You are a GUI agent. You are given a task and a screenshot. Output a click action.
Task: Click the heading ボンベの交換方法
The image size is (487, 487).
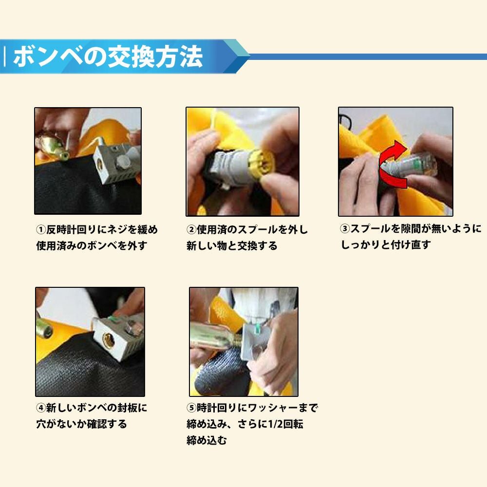[x=108, y=56]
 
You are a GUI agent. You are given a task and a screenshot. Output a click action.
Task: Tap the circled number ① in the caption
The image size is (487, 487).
[x=41, y=230]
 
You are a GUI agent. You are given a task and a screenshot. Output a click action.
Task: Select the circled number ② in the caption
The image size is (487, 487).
[x=191, y=230]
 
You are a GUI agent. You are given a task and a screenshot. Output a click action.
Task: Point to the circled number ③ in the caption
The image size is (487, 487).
[x=345, y=229]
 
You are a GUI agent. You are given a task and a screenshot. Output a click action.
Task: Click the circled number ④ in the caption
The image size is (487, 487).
[x=41, y=408]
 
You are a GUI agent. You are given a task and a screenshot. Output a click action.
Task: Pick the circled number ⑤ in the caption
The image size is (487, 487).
[x=191, y=408]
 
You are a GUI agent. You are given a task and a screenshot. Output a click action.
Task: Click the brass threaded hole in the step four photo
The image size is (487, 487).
[x=109, y=339]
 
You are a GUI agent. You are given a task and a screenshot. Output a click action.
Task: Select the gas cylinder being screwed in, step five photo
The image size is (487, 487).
[x=215, y=336]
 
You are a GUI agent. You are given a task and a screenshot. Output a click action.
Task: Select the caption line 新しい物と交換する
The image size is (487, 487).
[x=232, y=246]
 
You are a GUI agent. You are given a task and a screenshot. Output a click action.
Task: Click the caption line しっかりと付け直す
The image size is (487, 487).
[x=386, y=245]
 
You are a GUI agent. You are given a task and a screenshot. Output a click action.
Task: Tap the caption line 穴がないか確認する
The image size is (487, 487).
[x=82, y=424]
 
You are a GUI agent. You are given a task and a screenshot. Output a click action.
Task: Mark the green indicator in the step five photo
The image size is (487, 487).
[x=257, y=327]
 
